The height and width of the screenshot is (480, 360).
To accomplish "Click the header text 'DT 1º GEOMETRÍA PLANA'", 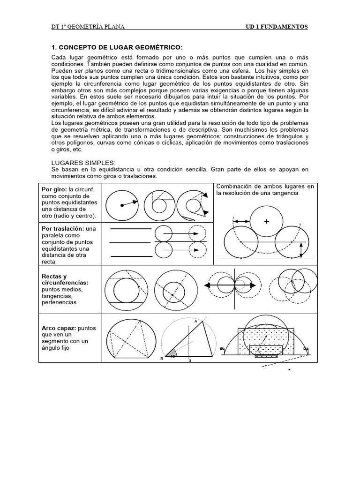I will point(88,27).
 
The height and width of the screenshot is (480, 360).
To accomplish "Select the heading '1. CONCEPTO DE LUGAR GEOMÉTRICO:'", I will point(116,47).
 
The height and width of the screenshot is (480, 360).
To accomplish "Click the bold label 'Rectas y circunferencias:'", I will point(65,279).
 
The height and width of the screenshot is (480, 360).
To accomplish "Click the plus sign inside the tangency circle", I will point(267,221).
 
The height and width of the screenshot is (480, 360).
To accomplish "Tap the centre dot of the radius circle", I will point(122,205).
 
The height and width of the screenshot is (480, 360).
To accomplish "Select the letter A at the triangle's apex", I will point(195,321).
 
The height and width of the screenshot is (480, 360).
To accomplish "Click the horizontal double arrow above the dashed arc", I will point(241,220).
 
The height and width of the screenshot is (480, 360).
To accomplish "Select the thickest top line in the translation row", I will point(130,229).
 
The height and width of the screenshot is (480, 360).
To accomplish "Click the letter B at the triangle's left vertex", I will point(162,358).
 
